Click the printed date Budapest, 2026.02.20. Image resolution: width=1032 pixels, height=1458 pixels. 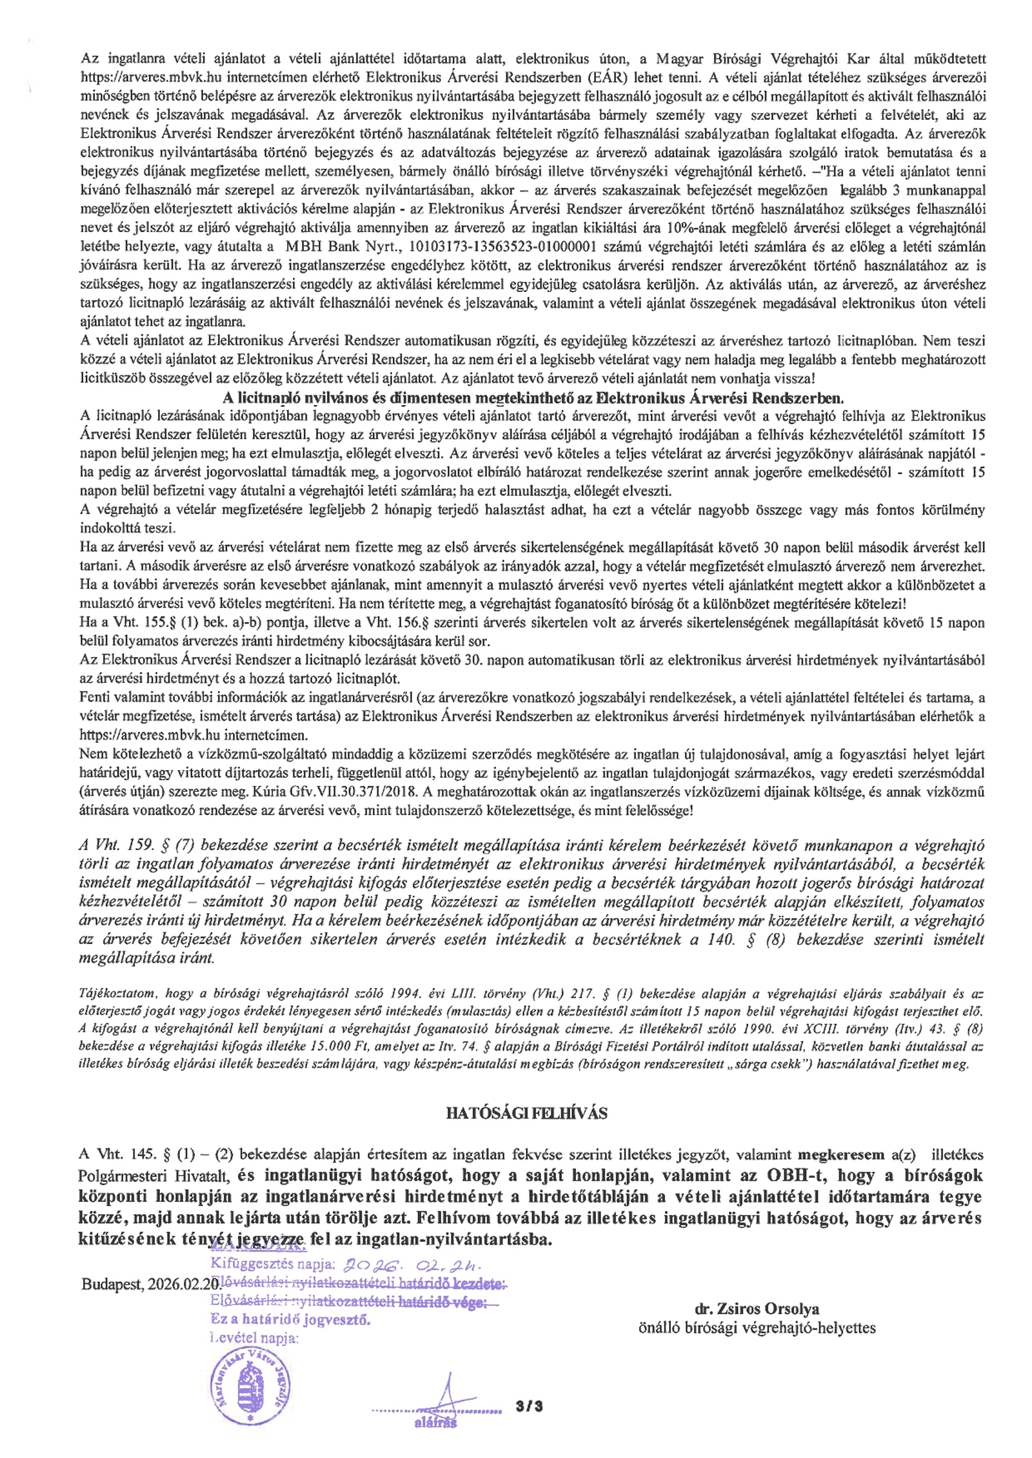coord(151,1265)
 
